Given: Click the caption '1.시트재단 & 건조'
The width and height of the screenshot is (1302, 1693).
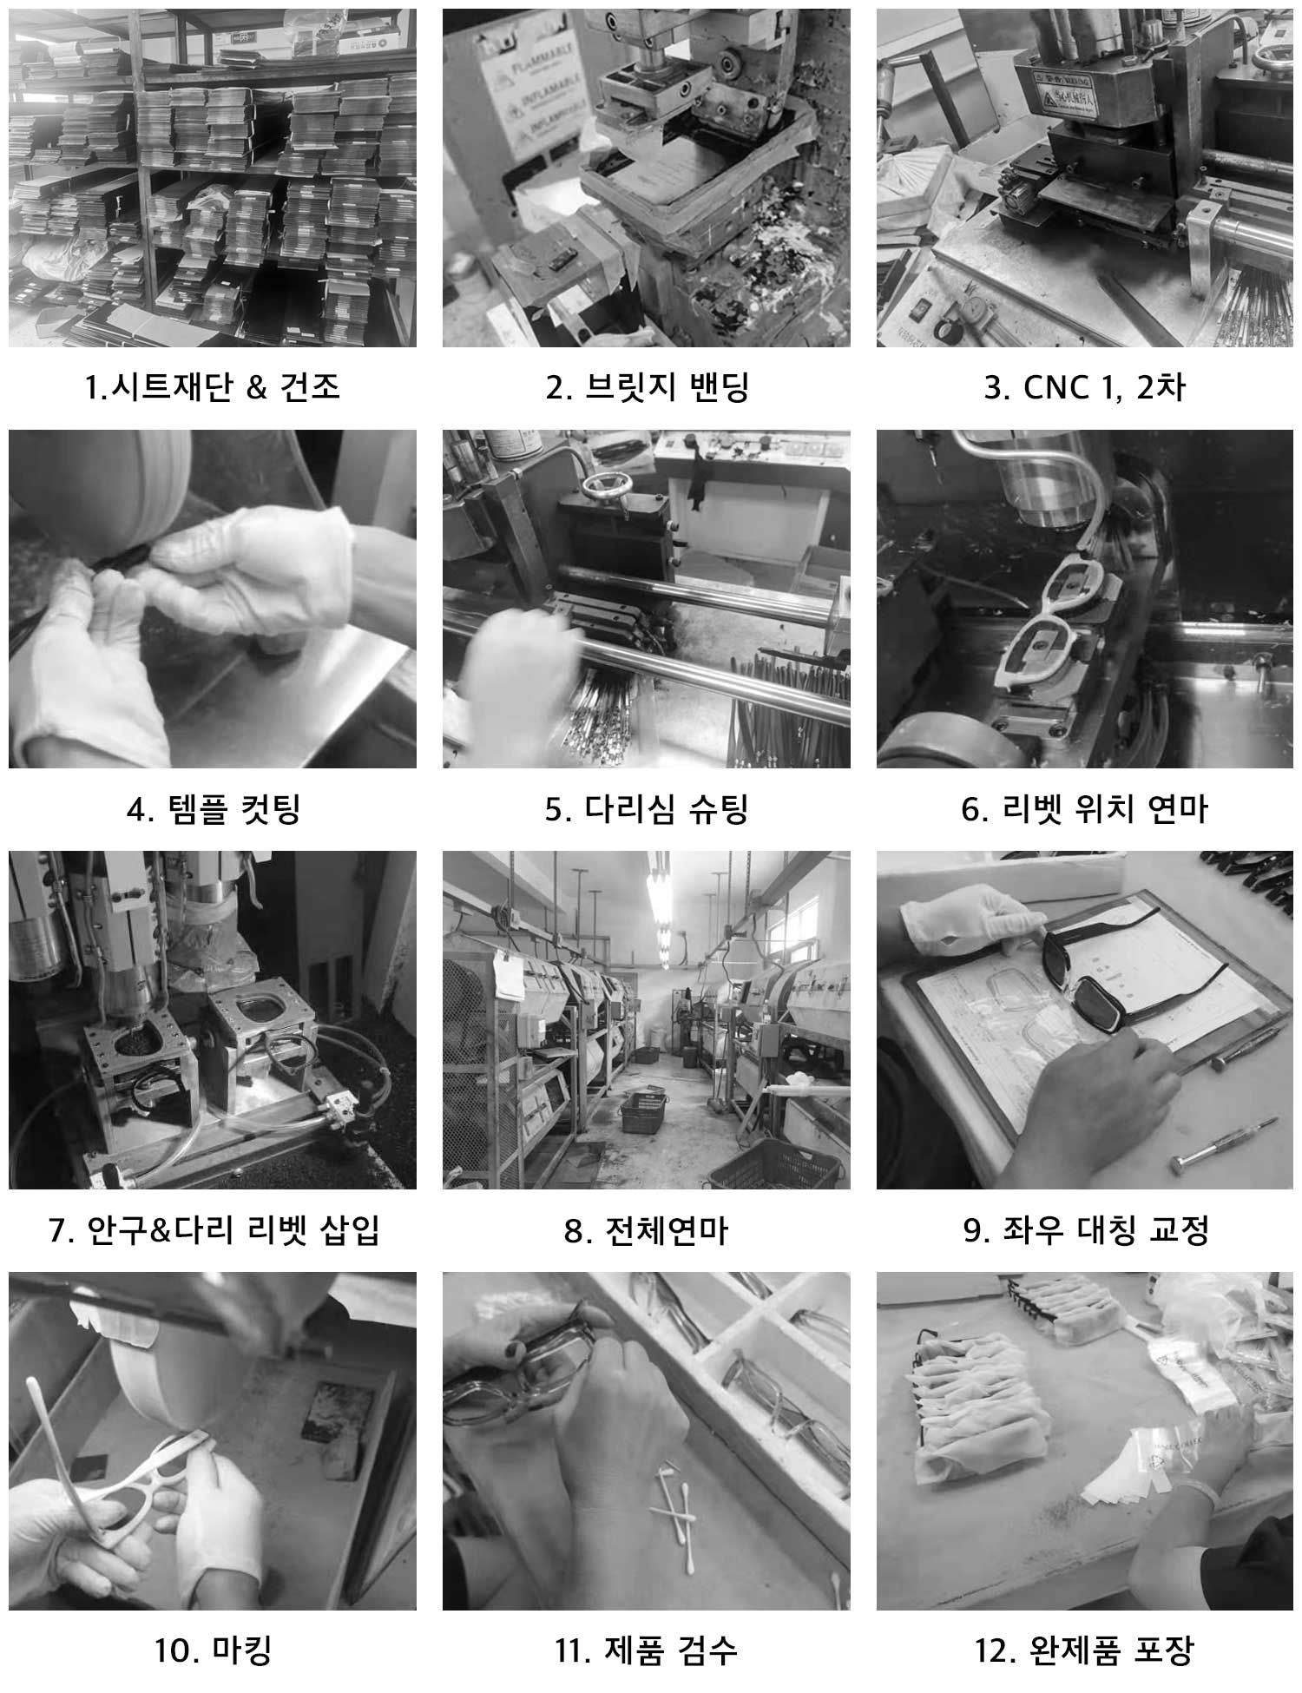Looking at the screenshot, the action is [x=213, y=386].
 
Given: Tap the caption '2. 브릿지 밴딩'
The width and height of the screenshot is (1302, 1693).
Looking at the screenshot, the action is [x=647, y=386].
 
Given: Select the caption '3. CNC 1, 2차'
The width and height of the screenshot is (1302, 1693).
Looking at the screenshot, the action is [x=1084, y=386].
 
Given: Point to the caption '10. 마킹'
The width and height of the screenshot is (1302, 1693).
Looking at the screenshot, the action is [x=213, y=1650].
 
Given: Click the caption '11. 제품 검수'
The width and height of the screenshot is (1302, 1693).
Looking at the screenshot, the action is [x=647, y=1650].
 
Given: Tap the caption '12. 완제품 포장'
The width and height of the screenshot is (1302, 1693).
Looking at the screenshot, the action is [x=1084, y=1650].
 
